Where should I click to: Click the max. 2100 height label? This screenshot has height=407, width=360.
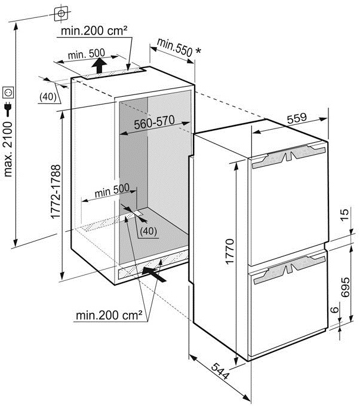tap(8, 149)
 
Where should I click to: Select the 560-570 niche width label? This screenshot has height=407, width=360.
tap(154, 123)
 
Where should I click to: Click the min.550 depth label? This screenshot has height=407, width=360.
tap(174, 47)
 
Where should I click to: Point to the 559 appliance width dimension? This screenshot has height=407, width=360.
tap(297, 118)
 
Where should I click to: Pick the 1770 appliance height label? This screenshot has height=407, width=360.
tap(230, 252)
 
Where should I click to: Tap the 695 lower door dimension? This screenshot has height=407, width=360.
tap(345, 287)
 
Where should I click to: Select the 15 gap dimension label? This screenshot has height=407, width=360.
tap(344, 215)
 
